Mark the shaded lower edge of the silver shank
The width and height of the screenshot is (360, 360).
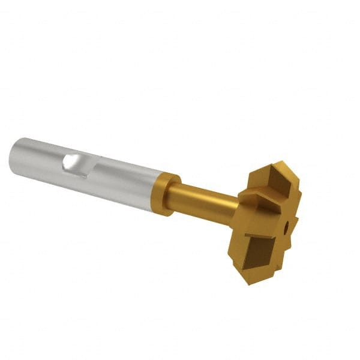point(90,191)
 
